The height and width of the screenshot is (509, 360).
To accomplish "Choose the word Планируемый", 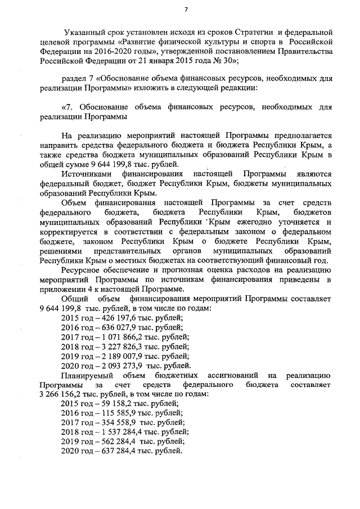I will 88,375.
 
